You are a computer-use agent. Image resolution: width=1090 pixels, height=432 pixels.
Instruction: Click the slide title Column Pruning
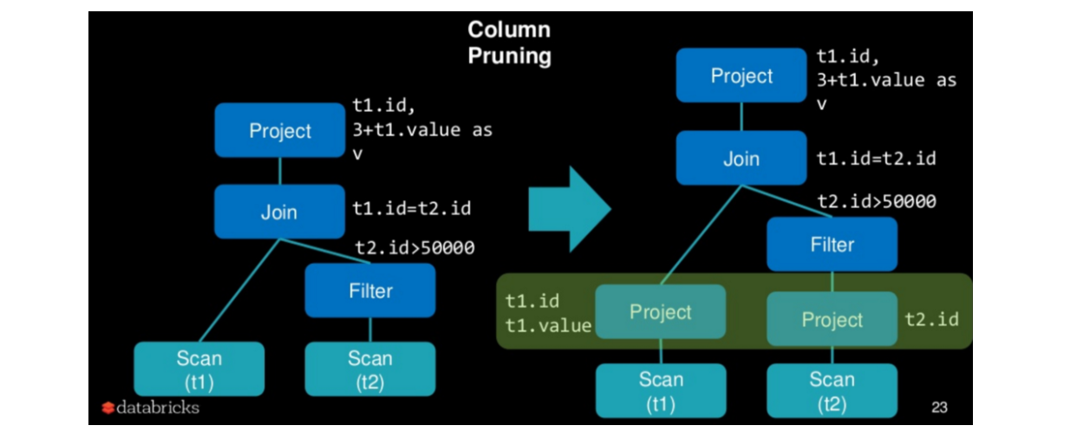[x=509, y=43]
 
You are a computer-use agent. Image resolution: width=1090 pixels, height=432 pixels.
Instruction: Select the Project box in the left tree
[x=279, y=130]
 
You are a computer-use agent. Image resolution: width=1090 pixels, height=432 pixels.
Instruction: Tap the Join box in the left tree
[x=279, y=211]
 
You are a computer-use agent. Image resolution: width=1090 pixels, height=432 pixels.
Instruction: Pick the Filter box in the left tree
[x=370, y=291]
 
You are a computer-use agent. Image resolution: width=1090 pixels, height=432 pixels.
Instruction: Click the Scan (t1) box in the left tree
[x=199, y=369]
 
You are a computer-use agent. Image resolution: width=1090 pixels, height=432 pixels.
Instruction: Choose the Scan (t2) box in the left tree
[x=370, y=369]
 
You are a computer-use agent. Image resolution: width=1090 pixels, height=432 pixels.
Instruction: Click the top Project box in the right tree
[x=741, y=75]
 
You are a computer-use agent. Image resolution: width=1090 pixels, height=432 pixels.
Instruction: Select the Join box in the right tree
[x=741, y=158]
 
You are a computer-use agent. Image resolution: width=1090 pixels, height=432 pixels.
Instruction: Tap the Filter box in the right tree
[x=832, y=244]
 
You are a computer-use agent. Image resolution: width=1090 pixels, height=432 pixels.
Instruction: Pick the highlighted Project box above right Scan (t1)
[x=660, y=312]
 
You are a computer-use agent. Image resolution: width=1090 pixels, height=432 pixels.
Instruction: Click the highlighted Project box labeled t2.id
[x=832, y=319]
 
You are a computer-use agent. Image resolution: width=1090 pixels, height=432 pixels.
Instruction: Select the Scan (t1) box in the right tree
[x=660, y=389]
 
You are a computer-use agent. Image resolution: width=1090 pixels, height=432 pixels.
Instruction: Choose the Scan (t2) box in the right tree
[x=832, y=389]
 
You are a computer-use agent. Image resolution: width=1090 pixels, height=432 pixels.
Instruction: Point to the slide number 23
[x=939, y=406]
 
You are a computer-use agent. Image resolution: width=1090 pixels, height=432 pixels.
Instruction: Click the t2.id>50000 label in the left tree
[x=414, y=248]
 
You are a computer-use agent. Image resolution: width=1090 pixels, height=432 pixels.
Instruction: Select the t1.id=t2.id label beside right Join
[x=876, y=159]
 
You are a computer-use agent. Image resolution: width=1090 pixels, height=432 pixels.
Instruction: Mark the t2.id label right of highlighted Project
[x=932, y=318]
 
